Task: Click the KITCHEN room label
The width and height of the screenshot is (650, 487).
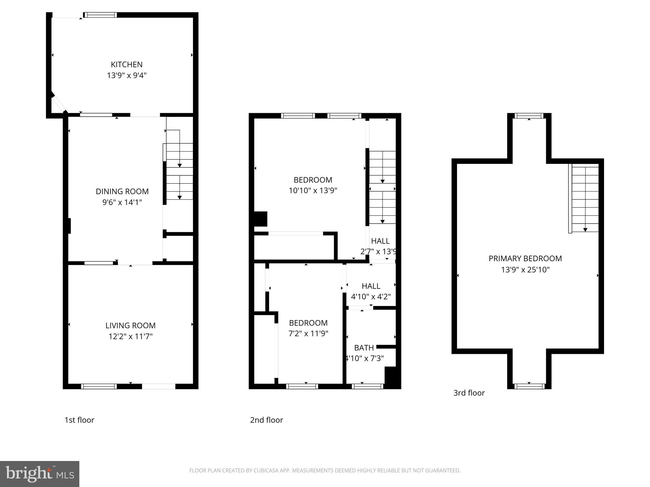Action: [x=126, y=65]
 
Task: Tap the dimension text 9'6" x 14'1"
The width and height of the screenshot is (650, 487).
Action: [x=122, y=202]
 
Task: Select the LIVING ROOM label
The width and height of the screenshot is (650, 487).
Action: [x=130, y=326]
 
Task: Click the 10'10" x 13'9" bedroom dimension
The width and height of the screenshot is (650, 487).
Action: [x=313, y=191]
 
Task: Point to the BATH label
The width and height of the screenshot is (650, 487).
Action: [x=364, y=348]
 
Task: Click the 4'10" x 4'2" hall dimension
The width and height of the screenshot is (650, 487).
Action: [x=371, y=297]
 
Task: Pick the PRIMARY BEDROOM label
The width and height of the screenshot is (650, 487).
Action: [x=525, y=259]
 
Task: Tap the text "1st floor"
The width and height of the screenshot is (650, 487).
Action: [x=79, y=420]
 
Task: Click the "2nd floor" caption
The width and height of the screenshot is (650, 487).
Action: [x=266, y=420]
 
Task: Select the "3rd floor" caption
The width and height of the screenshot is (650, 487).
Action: [x=469, y=393]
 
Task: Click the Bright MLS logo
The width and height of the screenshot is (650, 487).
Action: [x=39, y=474]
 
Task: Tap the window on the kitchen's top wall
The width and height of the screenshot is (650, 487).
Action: [x=100, y=15]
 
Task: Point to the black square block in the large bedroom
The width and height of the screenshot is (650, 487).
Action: [x=261, y=219]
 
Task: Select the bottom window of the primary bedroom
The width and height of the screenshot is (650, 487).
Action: [x=529, y=386]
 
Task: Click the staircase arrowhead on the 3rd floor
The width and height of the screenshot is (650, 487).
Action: [x=585, y=230]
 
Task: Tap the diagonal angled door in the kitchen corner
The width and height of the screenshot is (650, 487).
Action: [x=58, y=103]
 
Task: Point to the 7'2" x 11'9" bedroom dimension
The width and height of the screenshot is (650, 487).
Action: [x=308, y=334]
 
